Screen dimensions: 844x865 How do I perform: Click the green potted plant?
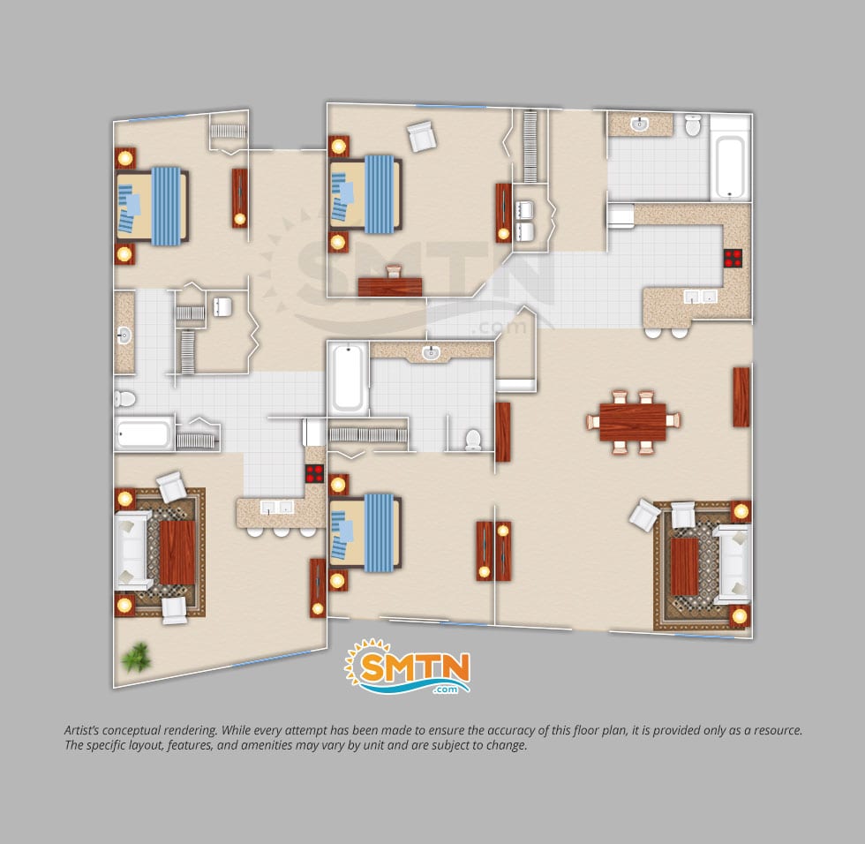[x=136, y=656]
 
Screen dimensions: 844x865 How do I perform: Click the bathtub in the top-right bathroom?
[x=731, y=167]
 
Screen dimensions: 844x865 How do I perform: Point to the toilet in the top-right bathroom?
[x=693, y=127]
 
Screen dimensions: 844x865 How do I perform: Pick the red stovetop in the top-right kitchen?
[x=733, y=258]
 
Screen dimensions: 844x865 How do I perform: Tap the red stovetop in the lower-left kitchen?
[x=314, y=473]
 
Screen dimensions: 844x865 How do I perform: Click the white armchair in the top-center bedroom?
[x=422, y=137]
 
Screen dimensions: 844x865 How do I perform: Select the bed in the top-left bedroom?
[x=152, y=206]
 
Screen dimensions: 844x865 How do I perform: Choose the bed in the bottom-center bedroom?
[x=365, y=532]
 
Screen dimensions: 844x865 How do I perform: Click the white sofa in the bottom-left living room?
[x=132, y=552]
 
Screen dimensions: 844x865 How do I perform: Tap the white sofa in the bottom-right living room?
[x=732, y=563]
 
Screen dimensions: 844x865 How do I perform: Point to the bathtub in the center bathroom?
[x=347, y=379]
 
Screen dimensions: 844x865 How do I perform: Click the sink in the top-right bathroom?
[x=639, y=125]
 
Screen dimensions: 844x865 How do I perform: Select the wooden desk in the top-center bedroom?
[x=390, y=286]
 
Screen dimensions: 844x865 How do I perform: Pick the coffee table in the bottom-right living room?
[x=685, y=567]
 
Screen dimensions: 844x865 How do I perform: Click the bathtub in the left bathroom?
[x=143, y=433]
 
